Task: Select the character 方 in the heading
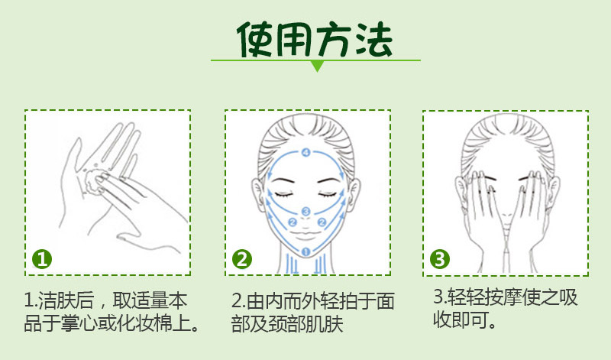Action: coord(334,39)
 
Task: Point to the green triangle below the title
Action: coord(318,66)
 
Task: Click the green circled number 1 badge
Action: coord(42,259)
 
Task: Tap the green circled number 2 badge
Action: coord(242,259)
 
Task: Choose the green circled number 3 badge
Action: coord(440,259)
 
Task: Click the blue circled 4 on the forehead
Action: coord(306,153)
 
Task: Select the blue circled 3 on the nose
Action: coord(306,212)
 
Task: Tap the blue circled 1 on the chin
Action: coord(306,252)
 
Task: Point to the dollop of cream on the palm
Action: coord(93,180)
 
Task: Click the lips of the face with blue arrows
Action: coord(306,236)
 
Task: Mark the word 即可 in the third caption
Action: coord(470,319)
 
